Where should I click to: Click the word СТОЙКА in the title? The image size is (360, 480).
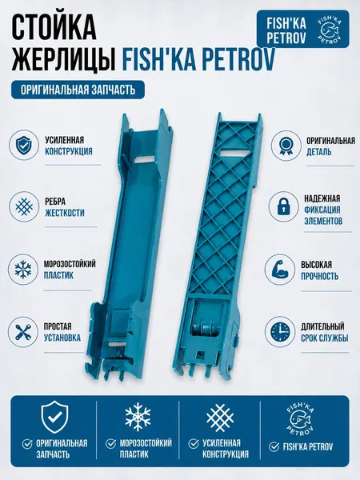click(x=54, y=28)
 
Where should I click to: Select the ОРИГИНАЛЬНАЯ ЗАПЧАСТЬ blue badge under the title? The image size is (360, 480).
click(x=78, y=90)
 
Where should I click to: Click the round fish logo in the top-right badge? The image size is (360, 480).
click(x=330, y=29)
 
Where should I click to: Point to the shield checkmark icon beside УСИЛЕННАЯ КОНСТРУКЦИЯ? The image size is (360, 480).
click(x=23, y=146)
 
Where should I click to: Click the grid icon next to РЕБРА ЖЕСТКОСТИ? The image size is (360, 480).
click(x=24, y=207)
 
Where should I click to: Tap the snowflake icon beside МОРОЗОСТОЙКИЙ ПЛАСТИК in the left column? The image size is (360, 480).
click(x=23, y=270)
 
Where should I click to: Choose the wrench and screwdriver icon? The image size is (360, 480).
click(x=23, y=332)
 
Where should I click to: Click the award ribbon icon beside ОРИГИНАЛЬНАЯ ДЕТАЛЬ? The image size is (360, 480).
click(x=285, y=146)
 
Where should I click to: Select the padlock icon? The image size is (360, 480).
click(x=283, y=206)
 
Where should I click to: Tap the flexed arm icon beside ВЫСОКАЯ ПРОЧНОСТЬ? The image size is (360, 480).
click(x=279, y=270)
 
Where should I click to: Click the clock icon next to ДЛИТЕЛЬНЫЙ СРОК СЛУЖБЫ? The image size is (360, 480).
click(x=280, y=332)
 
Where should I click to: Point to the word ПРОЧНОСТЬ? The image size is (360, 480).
click(x=319, y=276)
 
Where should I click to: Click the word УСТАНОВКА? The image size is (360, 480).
click(x=62, y=338)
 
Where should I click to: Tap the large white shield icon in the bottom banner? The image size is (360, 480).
click(x=54, y=417)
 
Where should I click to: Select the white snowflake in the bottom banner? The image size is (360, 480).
click(x=138, y=417)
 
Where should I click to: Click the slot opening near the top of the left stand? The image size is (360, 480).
click(x=145, y=159)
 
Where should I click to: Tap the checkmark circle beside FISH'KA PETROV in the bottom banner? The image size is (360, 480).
click(x=274, y=446)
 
